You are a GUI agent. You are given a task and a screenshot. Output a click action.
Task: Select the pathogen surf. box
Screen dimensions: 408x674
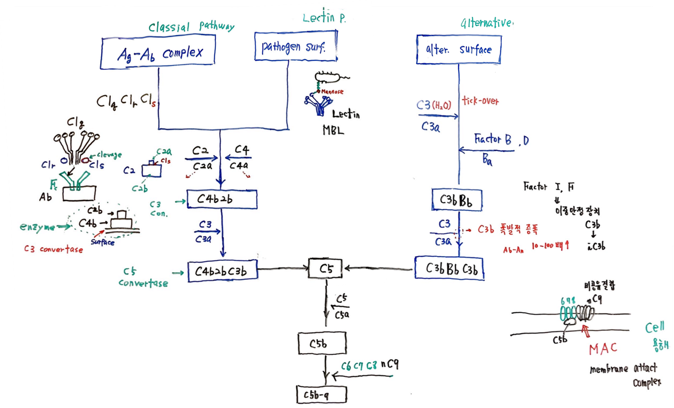click(295, 46)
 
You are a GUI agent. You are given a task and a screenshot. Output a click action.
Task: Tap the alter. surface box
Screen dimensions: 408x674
click(459, 50)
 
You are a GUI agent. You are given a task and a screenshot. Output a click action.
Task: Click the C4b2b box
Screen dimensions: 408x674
click(222, 199)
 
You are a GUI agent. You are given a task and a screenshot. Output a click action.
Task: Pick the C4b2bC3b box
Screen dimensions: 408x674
click(222, 272)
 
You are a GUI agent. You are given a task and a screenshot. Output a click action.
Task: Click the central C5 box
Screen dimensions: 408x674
click(326, 269)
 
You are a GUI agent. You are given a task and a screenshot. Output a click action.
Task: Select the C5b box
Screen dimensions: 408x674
click(322, 343)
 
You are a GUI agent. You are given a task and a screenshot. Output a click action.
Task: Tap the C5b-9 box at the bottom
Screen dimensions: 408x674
click(321, 395)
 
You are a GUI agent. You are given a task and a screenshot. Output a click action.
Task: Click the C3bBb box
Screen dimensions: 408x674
click(457, 200)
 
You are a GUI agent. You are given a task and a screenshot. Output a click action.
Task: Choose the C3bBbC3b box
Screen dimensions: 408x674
click(449, 268)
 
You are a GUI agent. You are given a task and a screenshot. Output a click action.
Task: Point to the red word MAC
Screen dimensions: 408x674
click(603, 348)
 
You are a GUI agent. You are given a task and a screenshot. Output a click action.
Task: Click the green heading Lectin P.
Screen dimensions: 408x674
click(324, 18)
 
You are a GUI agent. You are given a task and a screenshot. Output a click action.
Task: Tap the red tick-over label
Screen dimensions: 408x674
click(480, 101)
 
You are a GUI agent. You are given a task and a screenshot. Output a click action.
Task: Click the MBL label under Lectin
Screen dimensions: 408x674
click(333, 130)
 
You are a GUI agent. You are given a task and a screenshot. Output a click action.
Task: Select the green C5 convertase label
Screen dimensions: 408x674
click(143, 278)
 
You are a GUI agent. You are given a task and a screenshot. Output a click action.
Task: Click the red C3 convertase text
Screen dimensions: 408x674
click(53, 249)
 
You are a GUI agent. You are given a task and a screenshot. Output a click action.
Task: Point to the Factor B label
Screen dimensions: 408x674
click(493, 139)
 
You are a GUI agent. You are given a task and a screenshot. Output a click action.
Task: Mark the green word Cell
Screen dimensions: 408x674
click(654, 327)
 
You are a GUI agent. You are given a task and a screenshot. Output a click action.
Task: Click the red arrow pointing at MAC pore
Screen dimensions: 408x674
click(586, 330)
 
